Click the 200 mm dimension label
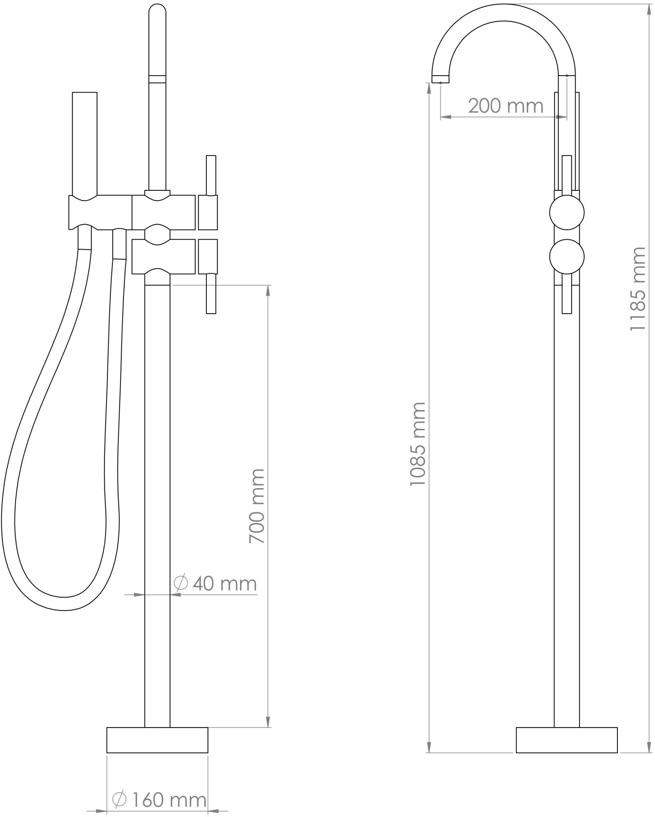coord(505,106)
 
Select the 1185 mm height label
coord(637,288)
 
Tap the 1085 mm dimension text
coord(418,444)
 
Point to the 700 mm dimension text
coord(257,506)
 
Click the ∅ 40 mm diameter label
coord(215,583)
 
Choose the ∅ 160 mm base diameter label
coord(159,799)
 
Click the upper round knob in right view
coord(567,212)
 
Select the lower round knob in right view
coord(567,257)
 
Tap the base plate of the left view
coord(157,740)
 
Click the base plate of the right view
coord(567,740)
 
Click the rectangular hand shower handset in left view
coord(85,143)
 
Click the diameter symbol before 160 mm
coord(119,799)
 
